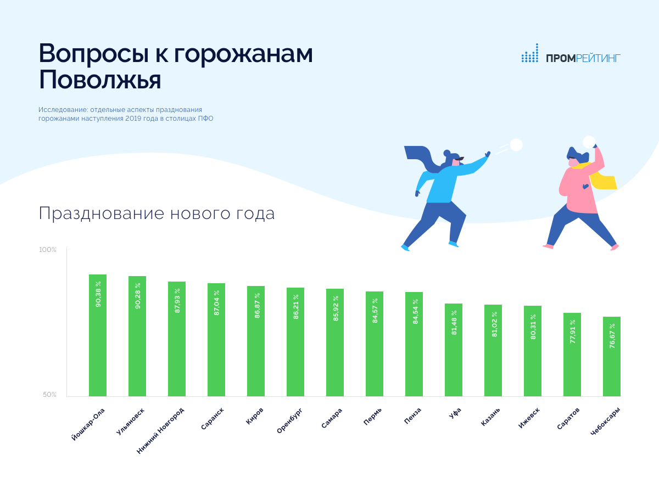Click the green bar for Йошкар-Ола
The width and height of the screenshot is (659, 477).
(x=98, y=335)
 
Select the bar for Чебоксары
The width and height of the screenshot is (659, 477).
(x=612, y=356)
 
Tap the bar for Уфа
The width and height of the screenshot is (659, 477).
(x=454, y=350)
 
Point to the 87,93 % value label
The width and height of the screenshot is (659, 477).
(x=177, y=301)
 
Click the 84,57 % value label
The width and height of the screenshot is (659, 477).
(x=375, y=311)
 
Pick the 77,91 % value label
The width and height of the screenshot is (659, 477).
(x=572, y=332)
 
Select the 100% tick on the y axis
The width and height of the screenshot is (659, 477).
(x=47, y=249)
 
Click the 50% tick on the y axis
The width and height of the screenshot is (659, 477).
(x=49, y=394)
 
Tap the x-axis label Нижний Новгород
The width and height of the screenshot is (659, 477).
(x=160, y=431)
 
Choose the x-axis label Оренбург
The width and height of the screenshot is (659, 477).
(x=289, y=420)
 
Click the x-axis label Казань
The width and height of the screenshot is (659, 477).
(x=490, y=417)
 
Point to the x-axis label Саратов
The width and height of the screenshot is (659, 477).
(x=568, y=418)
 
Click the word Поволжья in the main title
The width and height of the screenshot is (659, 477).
(x=100, y=80)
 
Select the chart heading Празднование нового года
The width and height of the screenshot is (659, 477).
(x=157, y=213)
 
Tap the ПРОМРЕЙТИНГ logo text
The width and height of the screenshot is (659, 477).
(x=583, y=58)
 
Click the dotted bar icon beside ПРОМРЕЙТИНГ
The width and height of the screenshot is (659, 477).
(x=530, y=53)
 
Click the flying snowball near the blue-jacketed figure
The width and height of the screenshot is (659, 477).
(x=516, y=145)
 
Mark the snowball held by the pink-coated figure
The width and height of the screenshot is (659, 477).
(x=589, y=142)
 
